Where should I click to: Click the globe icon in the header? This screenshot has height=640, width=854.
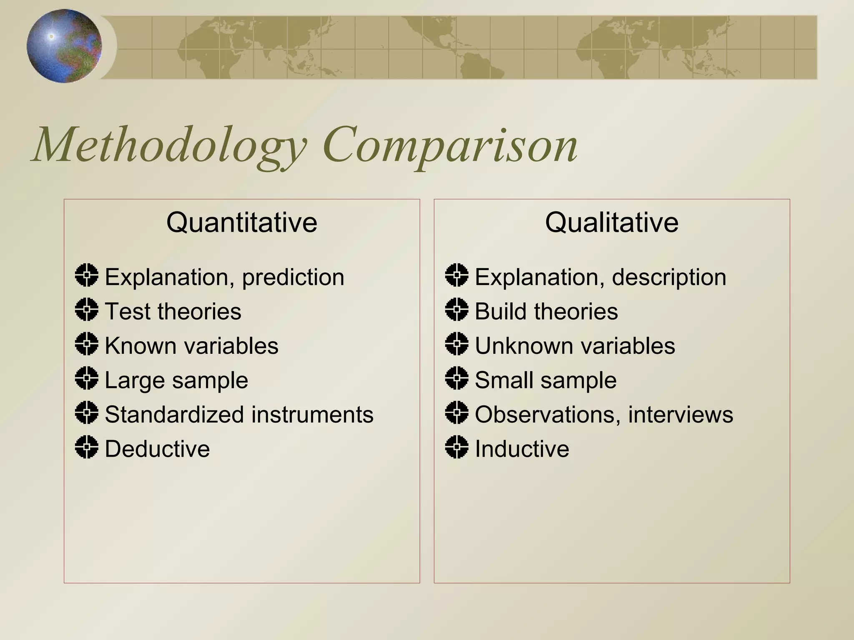pos(64,46)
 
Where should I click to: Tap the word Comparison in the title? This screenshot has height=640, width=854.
pos(450,146)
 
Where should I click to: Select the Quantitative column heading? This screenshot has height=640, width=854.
pos(242,222)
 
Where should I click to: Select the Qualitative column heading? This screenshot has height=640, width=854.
pos(612,222)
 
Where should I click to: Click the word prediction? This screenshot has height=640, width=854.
pos(293,277)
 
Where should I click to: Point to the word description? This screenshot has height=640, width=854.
pos(669,277)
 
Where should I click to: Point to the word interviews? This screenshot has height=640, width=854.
pos(681,415)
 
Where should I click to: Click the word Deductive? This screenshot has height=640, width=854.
pos(157,449)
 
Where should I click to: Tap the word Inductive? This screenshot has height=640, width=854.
pos(522,449)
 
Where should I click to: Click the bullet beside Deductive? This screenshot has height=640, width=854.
pos(87,447)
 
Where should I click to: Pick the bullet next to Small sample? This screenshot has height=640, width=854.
pos(457,378)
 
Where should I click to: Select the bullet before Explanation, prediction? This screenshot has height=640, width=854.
pos(87,275)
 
